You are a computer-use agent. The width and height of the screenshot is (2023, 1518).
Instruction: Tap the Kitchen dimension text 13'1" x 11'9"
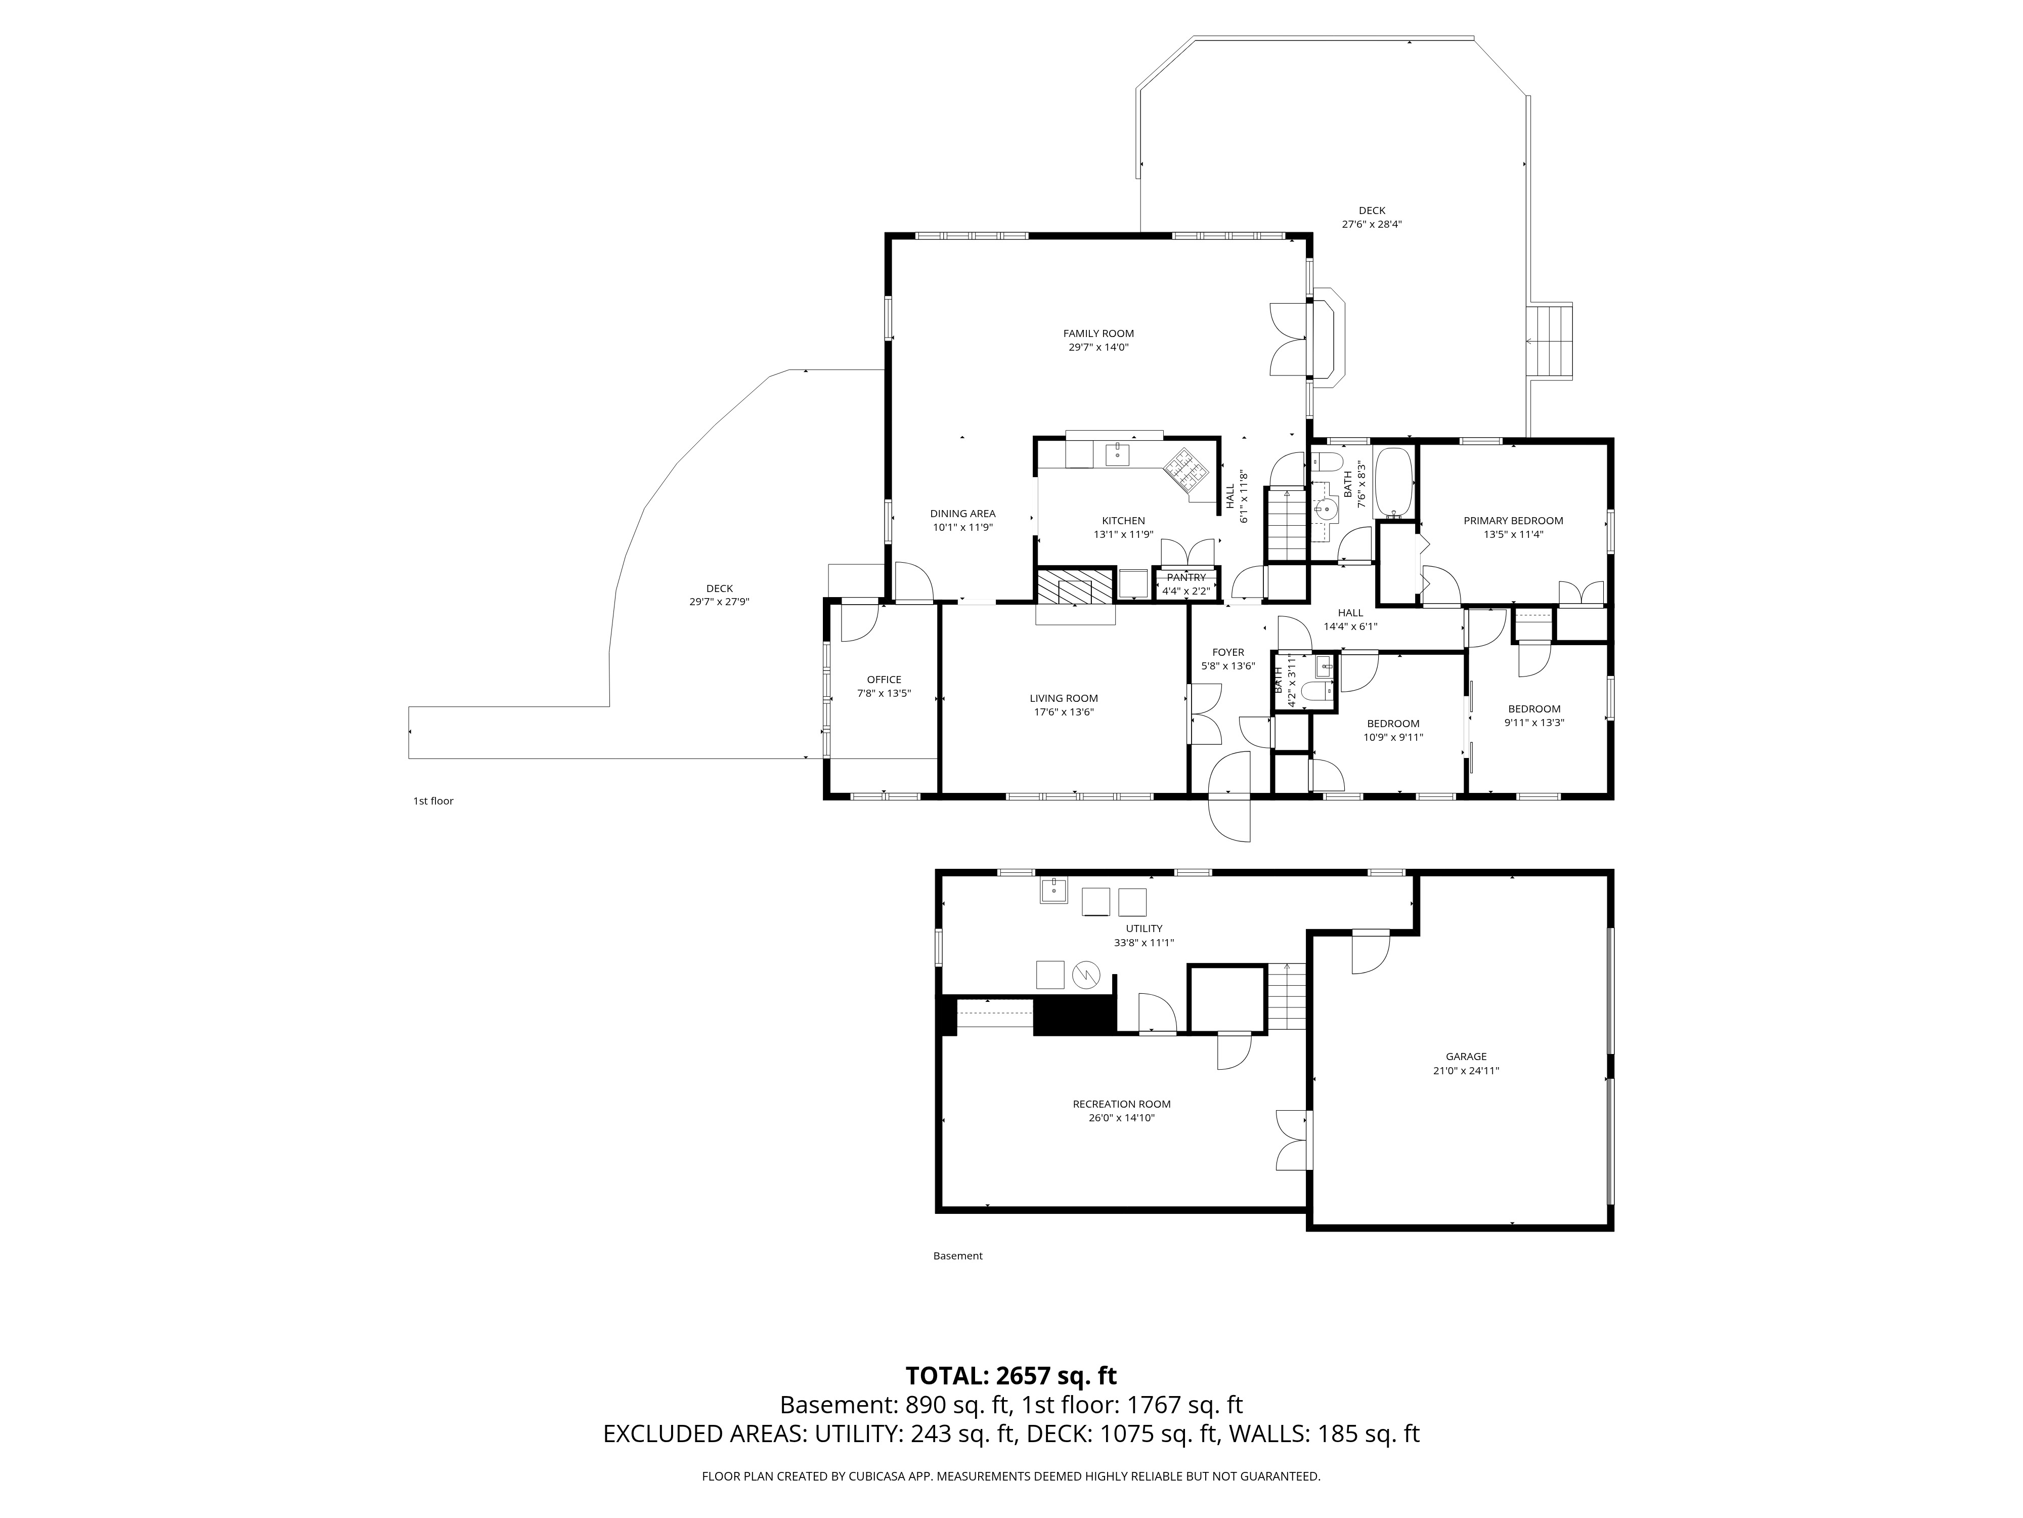click(x=1123, y=534)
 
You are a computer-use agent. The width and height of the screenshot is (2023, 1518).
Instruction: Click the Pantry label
click(x=1186, y=577)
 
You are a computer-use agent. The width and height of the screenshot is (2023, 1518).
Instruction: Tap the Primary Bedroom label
click(x=1514, y=521)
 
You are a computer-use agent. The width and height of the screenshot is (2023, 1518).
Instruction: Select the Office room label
click(x=884, y=680)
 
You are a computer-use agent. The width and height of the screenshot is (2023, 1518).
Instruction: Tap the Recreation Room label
click(x=1121, y=1105)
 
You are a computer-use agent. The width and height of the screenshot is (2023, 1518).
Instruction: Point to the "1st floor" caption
click(x=433, y=800)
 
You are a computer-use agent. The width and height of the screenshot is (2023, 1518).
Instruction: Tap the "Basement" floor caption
click(x=957, y=1255)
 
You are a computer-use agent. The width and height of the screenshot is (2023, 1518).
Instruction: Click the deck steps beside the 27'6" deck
click(x=1550, y=341)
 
